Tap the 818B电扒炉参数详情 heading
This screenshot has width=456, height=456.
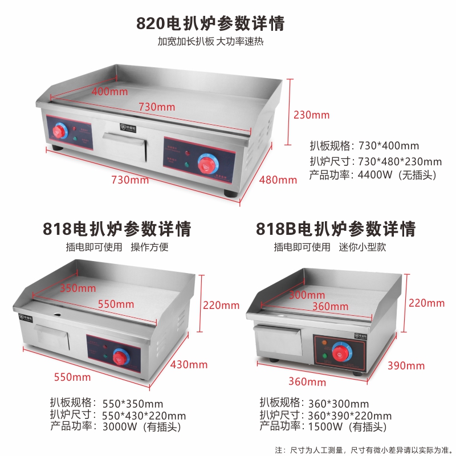coord(336,229)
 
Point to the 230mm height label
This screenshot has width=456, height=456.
coord(311,115)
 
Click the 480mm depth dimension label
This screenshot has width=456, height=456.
coord(278,180)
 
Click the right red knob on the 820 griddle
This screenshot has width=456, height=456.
coord(206,165)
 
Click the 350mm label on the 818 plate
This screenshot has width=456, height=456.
coord(78,288)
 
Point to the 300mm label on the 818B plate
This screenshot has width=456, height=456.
coord(307,295)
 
